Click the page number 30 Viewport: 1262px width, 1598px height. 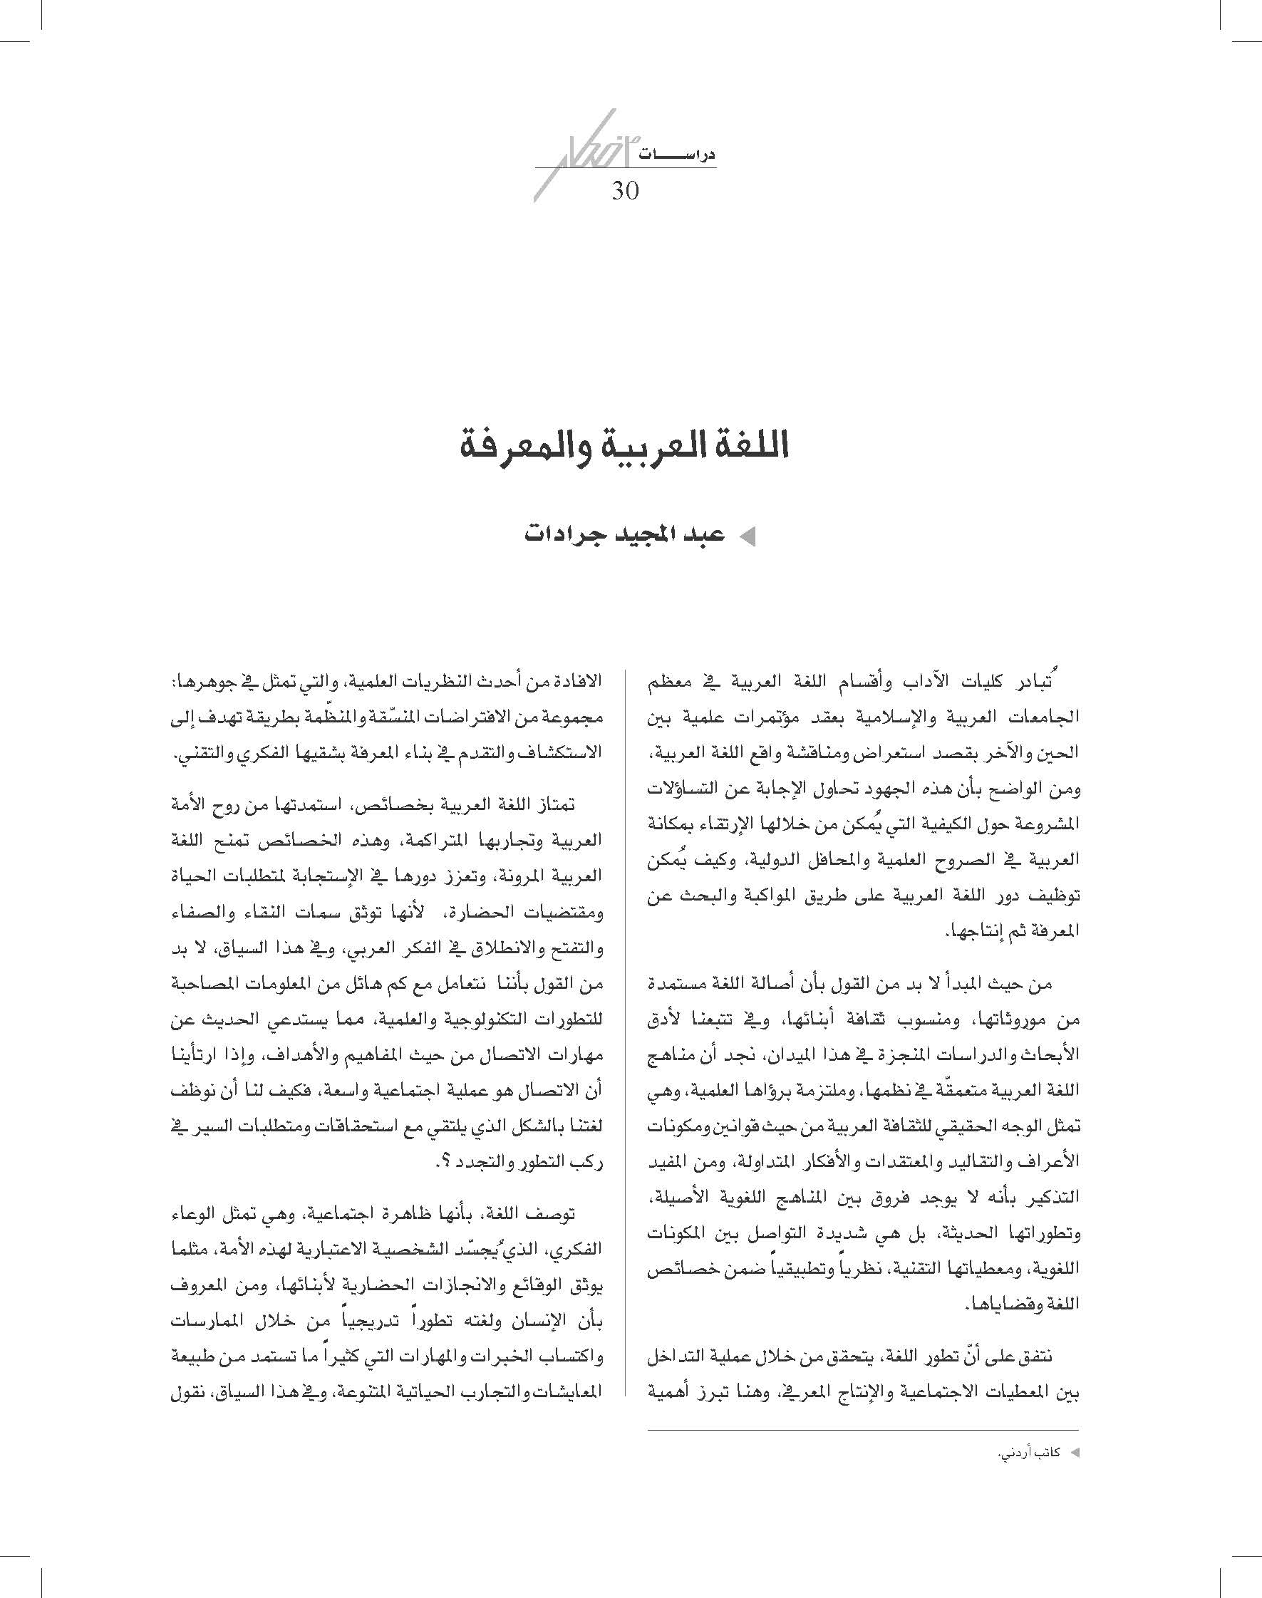coord(624,191)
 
